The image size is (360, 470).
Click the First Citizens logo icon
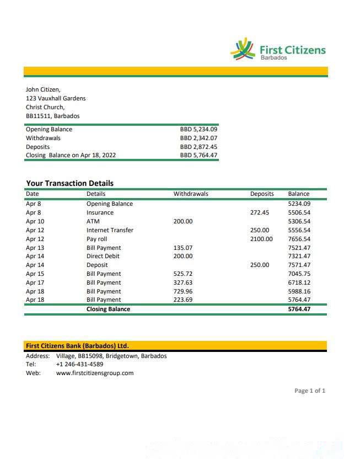coord(242,49)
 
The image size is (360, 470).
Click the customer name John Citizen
coord(43,89)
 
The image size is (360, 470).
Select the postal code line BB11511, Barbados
coord(52,116)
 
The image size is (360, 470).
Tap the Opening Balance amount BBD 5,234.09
coord(198,129)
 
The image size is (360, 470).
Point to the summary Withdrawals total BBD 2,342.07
coord(198,138)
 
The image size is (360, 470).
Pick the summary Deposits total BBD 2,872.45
coord(198,147)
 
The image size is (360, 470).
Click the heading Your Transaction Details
coord(69,183)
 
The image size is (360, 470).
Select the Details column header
coord(96,194)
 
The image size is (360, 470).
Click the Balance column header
coord(299,194)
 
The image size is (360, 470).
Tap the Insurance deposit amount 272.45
coord(260,212)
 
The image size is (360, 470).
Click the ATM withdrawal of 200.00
coord(183,221)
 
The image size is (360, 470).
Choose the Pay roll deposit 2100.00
coord(261,239)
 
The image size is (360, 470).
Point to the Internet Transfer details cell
coord(110,230)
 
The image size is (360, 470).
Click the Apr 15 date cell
coord(35,274)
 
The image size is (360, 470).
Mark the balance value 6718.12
coord(299,282)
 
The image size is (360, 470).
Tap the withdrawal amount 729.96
coord(183,291)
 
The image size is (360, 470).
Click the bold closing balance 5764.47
coord(299,309)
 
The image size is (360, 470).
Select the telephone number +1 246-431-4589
coord(79,364)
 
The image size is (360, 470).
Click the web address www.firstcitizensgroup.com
coord(95,373)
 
